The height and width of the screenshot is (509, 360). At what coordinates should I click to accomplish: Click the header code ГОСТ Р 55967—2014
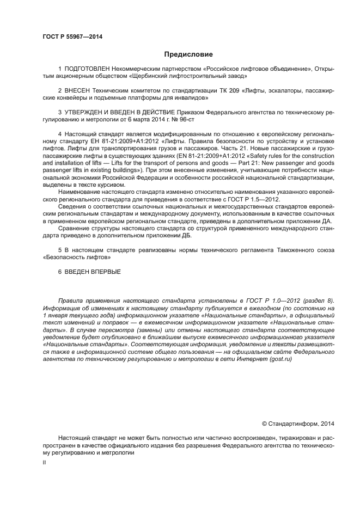tap(72, 37)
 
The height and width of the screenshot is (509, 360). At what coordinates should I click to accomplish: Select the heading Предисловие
tap(188, 54)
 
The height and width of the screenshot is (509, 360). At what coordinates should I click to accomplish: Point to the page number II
tap(45, 462)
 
